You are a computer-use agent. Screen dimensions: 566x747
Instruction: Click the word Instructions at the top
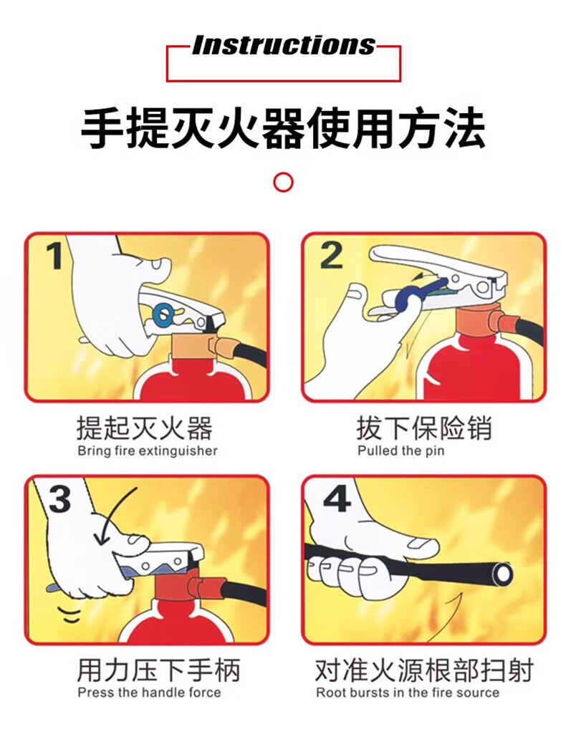coord(284,45)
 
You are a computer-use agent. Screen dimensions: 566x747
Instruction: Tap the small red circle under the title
coord(284,182)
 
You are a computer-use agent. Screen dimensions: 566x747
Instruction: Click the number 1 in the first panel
coord(55,256)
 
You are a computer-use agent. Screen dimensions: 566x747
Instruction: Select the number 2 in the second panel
coord(331,255)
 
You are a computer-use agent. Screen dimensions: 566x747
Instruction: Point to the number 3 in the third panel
coord(59,498)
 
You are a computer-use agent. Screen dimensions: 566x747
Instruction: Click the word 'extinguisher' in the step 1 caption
coord(178,450)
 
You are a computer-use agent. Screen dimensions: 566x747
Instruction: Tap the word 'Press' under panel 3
coord(96,692)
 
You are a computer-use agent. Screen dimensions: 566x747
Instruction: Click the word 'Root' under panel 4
coord(330,692)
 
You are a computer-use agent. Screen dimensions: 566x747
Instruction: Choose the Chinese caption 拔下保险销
coord(424,428)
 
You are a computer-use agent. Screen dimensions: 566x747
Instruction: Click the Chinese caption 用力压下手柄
coord(158,670)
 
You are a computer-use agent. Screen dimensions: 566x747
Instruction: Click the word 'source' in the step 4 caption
coord(478,693)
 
